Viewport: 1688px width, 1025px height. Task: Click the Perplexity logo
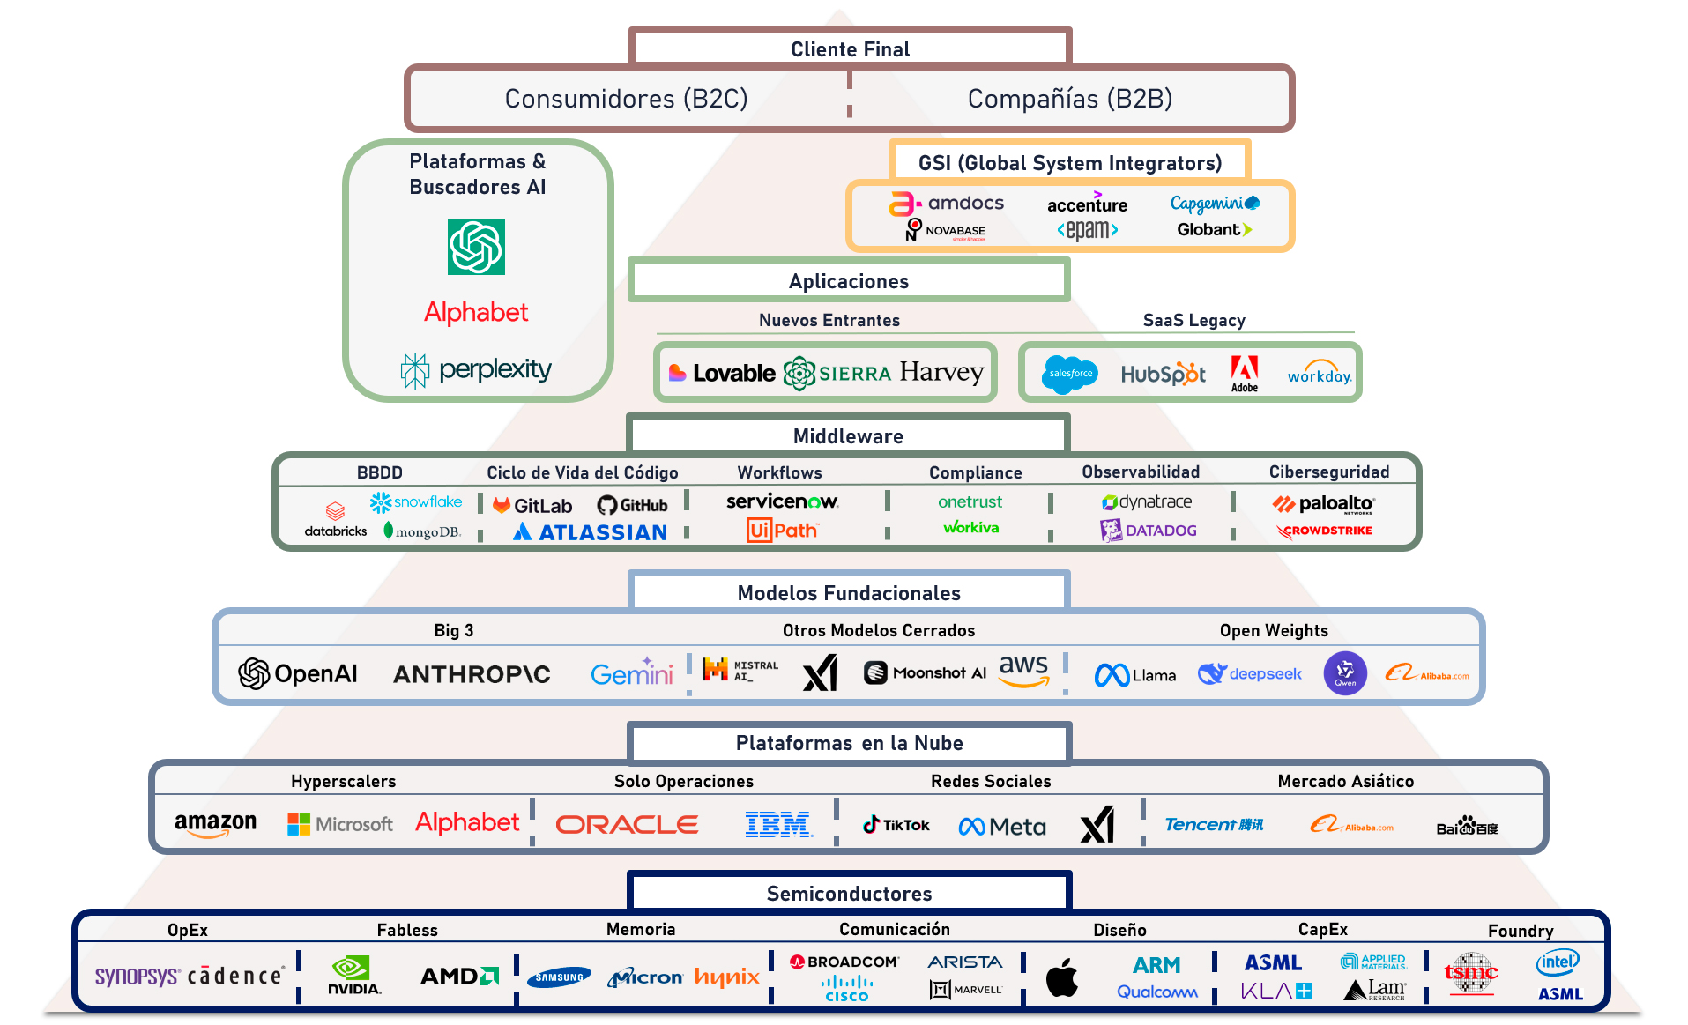(477, 370)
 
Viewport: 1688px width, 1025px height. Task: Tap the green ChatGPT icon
(476, 248)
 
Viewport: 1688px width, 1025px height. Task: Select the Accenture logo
(1087, 204)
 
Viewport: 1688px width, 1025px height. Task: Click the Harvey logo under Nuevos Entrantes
(941, 373)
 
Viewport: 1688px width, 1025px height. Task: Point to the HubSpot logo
(1163, 375)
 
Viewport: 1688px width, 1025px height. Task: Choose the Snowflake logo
(416, 502)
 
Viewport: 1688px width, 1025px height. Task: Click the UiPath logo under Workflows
(782, 531)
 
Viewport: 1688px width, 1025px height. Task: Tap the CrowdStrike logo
(1325, 531)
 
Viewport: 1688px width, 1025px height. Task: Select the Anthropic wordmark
(472, 674)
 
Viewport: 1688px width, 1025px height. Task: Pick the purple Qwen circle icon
(1345, 673)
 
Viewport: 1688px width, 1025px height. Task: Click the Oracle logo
(627, 825)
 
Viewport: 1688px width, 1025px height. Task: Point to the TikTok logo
(896, 825)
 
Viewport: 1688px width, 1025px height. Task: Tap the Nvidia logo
(353, 976)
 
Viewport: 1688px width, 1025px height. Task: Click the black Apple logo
(1062, 977)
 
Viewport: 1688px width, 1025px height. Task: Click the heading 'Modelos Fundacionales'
(849, 593)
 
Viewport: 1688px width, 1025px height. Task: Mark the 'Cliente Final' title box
(850, 49)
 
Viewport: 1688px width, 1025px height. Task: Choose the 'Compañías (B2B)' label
(1069, 99)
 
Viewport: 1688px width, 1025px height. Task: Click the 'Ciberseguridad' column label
(1328, 472)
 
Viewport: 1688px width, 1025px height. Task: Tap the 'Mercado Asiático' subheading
(1345, 781)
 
